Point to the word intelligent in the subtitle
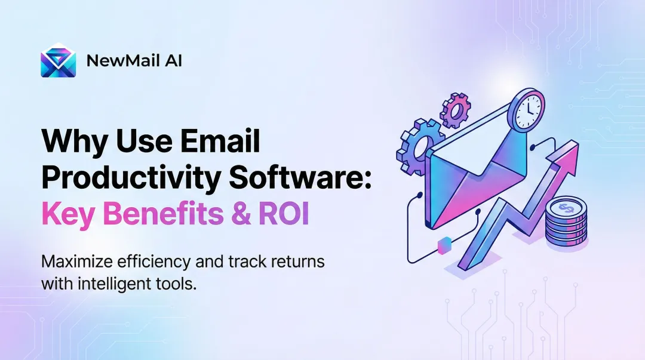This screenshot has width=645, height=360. (x=110, y=284)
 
